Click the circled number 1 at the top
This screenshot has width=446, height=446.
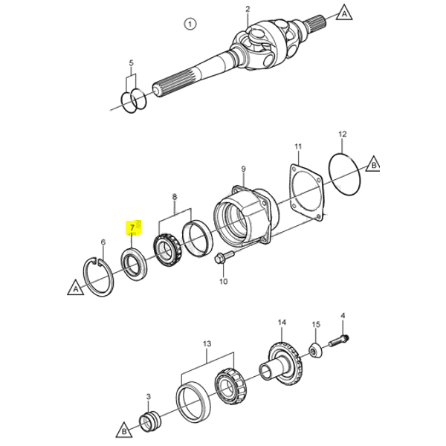(x=190, y=24)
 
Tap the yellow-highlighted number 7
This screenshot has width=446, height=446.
(x=132, y=227)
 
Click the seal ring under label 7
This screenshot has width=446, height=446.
(x=135, y=264)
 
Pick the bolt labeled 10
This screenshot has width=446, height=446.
(x=224, y=257)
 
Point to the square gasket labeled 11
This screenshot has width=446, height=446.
(x=293, y=205)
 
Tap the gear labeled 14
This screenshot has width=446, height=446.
(x=285, y=364)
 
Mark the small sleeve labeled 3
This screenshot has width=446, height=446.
(x=150, y=421)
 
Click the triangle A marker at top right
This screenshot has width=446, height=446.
(x=344, y=13)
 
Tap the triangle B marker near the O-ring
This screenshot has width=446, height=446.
(x=373, y=164)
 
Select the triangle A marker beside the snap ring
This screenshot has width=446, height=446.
(x=76, y=288)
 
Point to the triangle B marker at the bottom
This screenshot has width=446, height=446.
(x=124, y=430)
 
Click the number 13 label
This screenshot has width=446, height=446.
(x=207, y=343)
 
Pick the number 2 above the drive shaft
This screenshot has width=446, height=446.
(x=248, y=9)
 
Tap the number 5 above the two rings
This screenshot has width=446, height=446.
(x=131, y=63)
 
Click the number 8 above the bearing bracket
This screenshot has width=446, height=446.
(x=175, y=196)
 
